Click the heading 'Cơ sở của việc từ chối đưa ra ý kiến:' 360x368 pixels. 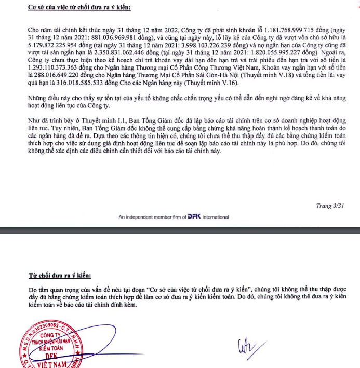[x=79, y=7]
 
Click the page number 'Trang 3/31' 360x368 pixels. [x=330, y=206]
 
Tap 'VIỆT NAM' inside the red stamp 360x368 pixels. [x=54, y=364]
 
